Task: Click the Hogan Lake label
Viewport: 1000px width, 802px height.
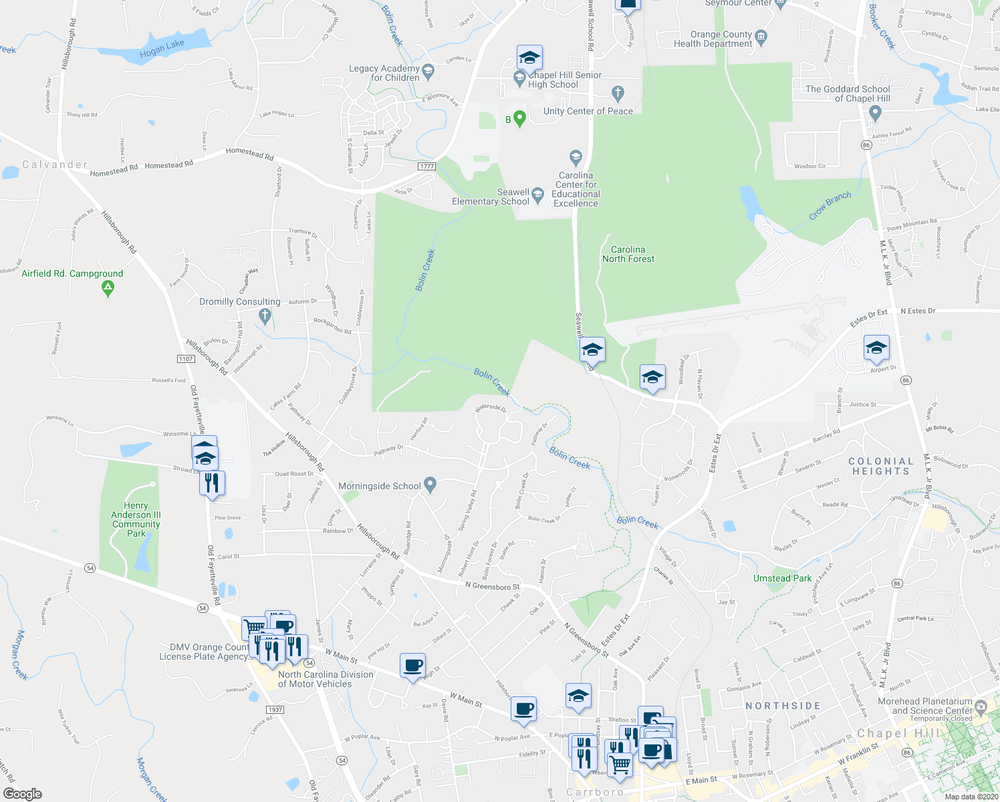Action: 162,49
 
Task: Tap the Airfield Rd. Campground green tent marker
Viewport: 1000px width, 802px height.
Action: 108,289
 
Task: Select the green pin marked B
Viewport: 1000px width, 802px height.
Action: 519,119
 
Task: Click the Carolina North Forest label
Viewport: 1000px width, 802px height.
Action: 628,254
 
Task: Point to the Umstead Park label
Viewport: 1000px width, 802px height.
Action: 782,578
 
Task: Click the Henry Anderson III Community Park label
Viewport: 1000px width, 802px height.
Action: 136,519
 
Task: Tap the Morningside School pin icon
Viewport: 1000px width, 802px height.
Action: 430,485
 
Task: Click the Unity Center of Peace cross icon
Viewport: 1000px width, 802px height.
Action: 618,92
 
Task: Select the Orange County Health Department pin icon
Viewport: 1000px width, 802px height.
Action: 761,35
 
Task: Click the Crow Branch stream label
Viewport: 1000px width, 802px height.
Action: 830,205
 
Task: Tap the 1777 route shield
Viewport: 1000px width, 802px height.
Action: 426,166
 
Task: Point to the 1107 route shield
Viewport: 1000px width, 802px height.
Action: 186,359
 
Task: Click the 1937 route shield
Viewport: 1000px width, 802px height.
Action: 275,710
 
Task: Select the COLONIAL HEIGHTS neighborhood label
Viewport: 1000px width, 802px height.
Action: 880,466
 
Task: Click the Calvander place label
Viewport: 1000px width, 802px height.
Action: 55,164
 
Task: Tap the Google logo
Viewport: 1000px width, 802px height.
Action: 23,793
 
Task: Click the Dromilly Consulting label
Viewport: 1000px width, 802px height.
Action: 240,301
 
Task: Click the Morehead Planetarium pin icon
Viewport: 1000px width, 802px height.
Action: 981,706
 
